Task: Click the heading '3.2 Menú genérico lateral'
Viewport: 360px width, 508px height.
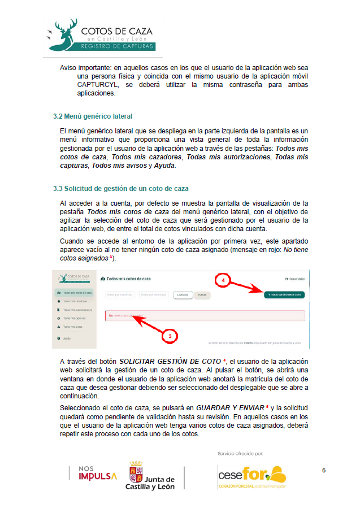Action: tap(93, 116)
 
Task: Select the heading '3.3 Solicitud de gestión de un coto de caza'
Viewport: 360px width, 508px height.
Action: tap(120, 188)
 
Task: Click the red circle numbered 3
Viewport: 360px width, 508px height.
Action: tap(170, 336)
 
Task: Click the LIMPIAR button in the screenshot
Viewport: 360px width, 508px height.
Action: tap(182, 295)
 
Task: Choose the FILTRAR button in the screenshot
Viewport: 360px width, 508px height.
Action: tap(202, 295)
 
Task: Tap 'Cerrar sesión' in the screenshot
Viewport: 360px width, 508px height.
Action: tap(295, 279)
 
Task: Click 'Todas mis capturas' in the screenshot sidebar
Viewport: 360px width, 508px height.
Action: tap(74, 318)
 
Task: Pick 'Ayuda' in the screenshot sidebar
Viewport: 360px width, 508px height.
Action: tap(67, 338)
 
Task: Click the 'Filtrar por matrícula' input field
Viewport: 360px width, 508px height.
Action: tap(120, 295)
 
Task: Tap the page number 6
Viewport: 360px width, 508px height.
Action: tap(324, 470)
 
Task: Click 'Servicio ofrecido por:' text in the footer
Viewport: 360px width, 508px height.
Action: tap(240, 453)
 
